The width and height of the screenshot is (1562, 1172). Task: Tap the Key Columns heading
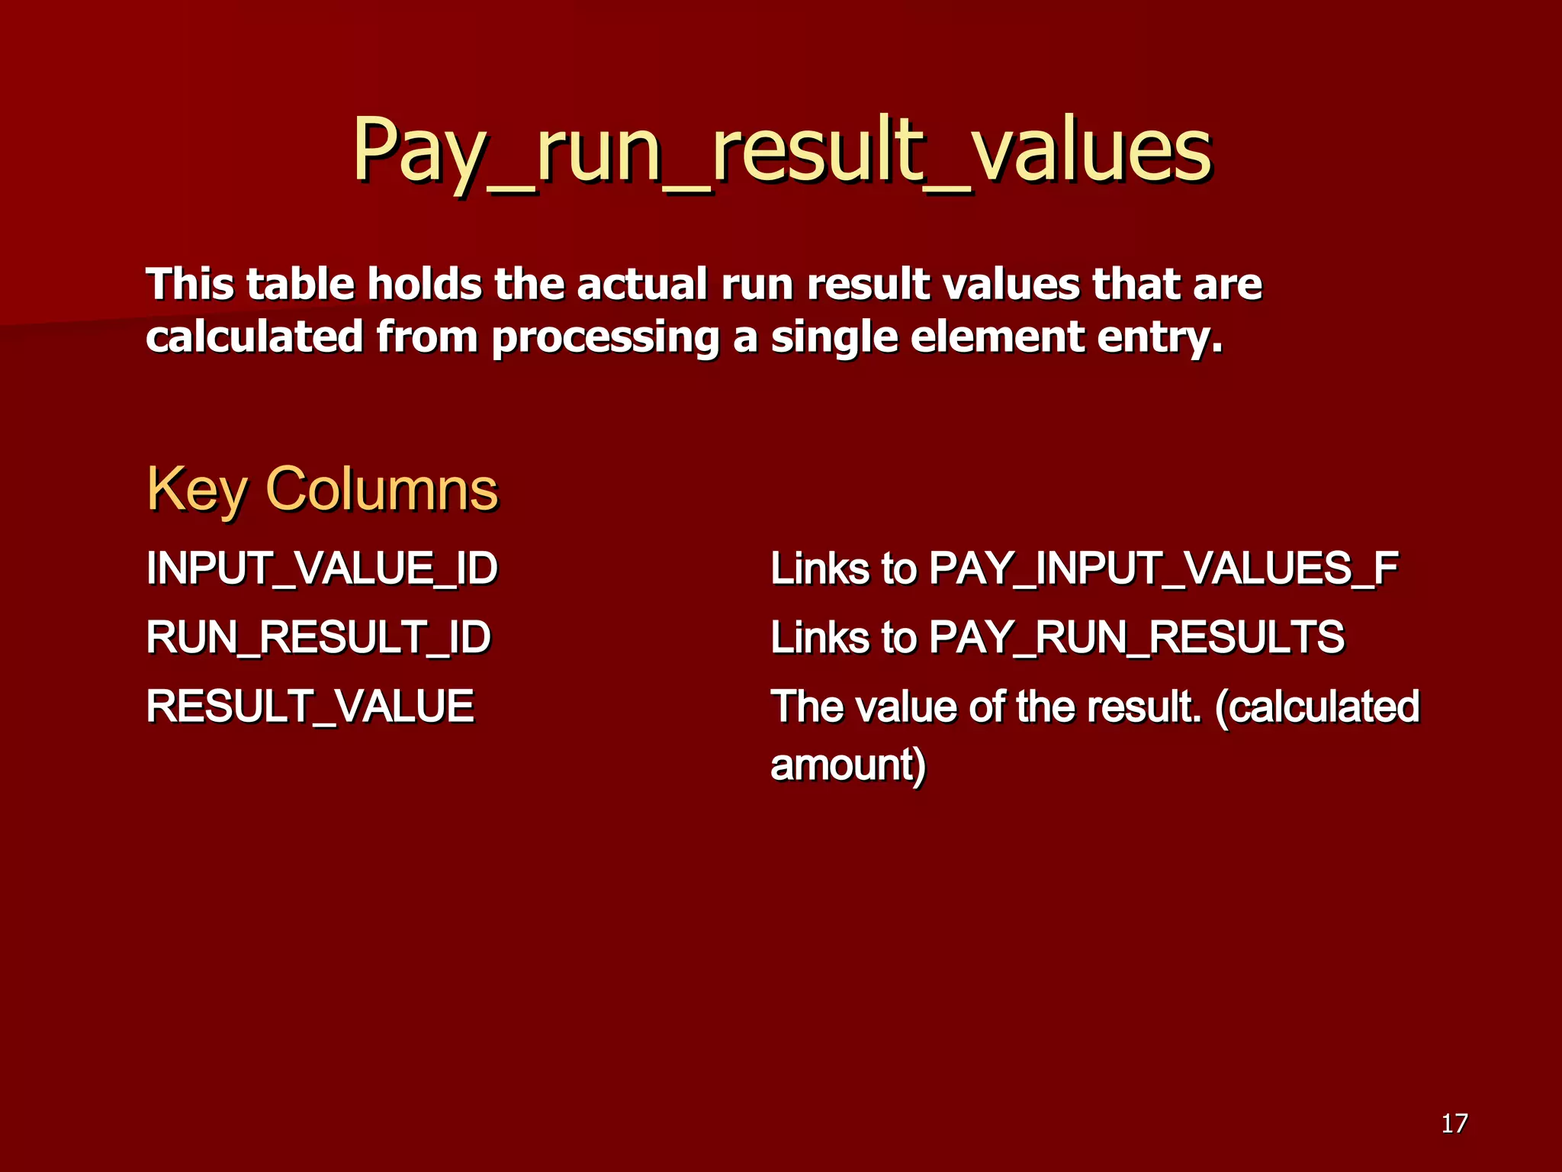click(322, 488)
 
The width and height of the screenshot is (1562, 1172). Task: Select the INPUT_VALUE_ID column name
click(322, 568)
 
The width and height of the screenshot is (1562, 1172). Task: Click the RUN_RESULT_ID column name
click(318, 637)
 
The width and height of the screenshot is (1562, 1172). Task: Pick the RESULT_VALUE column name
click(310, 706)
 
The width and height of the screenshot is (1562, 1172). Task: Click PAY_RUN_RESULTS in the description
click(1136, 637)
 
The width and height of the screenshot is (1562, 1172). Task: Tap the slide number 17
click(1454, 1123)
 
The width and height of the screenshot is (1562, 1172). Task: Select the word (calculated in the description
click(1317, 706)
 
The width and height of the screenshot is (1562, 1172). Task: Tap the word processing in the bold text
click(605, 336)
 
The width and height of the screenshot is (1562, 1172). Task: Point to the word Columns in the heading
click(381, 488)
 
